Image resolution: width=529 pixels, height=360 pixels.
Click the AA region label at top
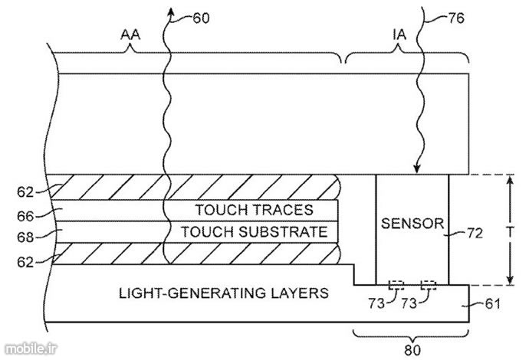(x=130, y=34)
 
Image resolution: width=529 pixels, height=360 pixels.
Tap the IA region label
(x=399, y=34)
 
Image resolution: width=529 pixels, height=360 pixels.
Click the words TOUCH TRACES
(x=245, y=210)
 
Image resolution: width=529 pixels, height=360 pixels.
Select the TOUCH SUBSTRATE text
(x=245, y=231)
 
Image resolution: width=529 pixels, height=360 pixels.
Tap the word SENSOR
(x=412, y=224)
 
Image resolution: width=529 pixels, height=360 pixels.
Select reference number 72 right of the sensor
(x=477, y=234)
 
